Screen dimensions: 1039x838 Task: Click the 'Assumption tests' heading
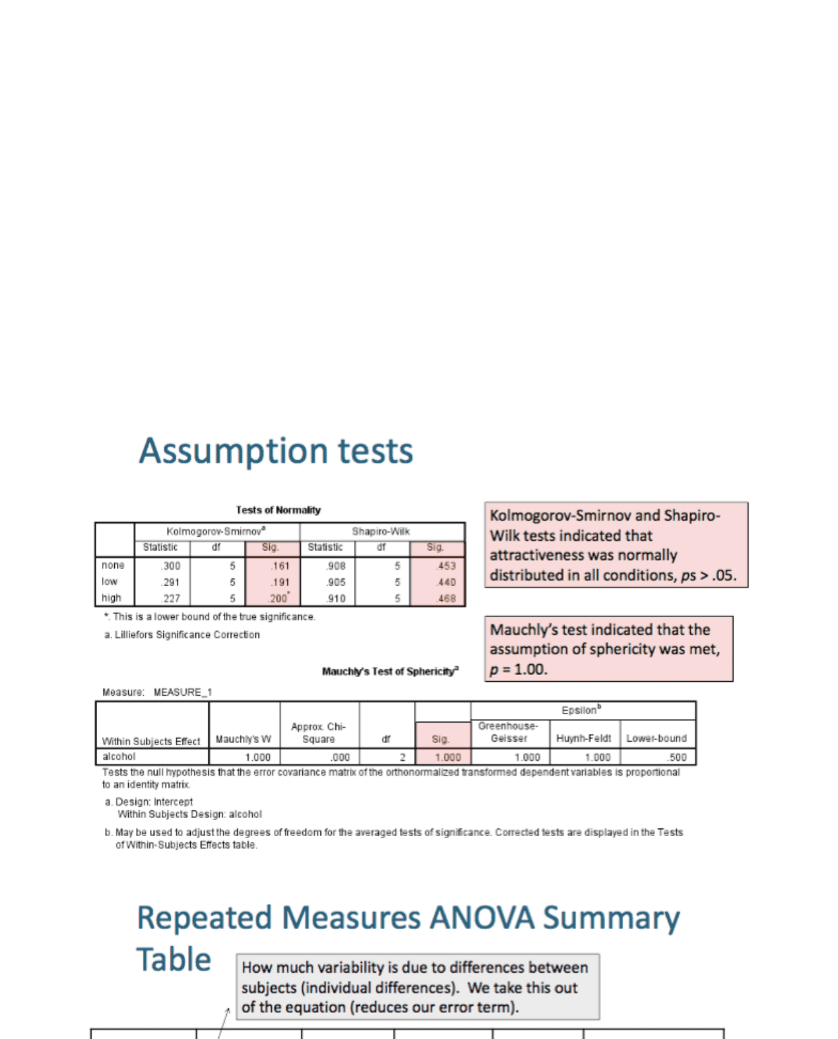click(x=275, y=451)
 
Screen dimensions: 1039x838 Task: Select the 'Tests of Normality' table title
click(x=278, y=510)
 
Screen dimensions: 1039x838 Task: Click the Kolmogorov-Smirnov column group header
click(x=216, y=531)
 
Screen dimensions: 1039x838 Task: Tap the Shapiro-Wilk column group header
click(x=381, y=531)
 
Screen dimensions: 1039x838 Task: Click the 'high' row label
click(x=111, y=598)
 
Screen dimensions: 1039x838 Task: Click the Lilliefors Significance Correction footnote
click(x=182, y=635)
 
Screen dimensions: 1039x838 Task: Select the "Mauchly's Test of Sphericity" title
click(x=390, y=671)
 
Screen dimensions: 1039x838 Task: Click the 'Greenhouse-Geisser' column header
click(x=508, y=732)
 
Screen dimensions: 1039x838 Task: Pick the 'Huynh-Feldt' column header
click(x=584, y=738)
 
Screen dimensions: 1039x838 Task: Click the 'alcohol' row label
click(x=119, y=757)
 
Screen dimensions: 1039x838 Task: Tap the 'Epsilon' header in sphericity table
click(x=581, y=710)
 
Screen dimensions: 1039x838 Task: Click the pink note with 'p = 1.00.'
click(x=608, y=649)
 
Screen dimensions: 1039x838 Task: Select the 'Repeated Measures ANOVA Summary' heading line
click(x=408, y=918)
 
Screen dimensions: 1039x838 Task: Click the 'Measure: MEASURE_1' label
click(x=157, y=692)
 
